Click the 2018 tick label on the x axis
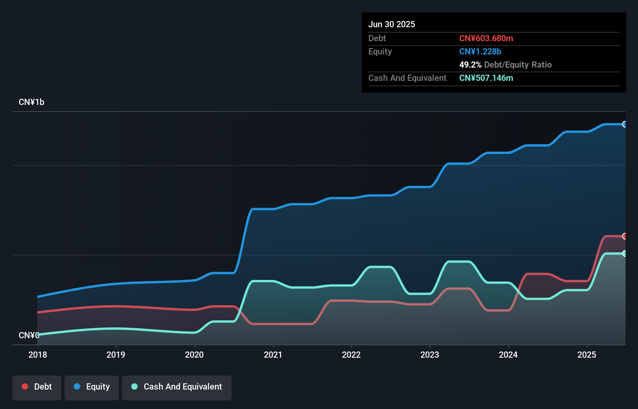click(x=38, y=355)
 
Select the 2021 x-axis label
click(x=273, y=355)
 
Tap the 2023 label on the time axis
click(x=430, y=355)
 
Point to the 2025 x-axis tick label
click(x=587, y=355)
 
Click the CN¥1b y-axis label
click(x=31, y=102)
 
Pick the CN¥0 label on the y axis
click(x=29, y=335)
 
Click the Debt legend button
click(x=37, y=387)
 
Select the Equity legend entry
click(x=92, y=387)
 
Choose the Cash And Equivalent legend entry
click(x=177, y=387)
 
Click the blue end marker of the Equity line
click(x=624, y=124)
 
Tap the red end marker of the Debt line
click(x=624, y=236)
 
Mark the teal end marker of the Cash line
click(x=624, y=253)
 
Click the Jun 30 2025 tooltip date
click(x=392, y=24)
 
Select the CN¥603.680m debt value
click(x=486, y=38)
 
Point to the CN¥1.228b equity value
click(x=480, y=51)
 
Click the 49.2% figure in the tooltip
click(x=470, y=65)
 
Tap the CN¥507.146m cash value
click(x=486, y=78)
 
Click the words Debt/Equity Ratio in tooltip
click(x=518, y=65)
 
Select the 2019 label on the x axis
click(x=116, y=355)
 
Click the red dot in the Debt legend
click(x=25, y=386)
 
